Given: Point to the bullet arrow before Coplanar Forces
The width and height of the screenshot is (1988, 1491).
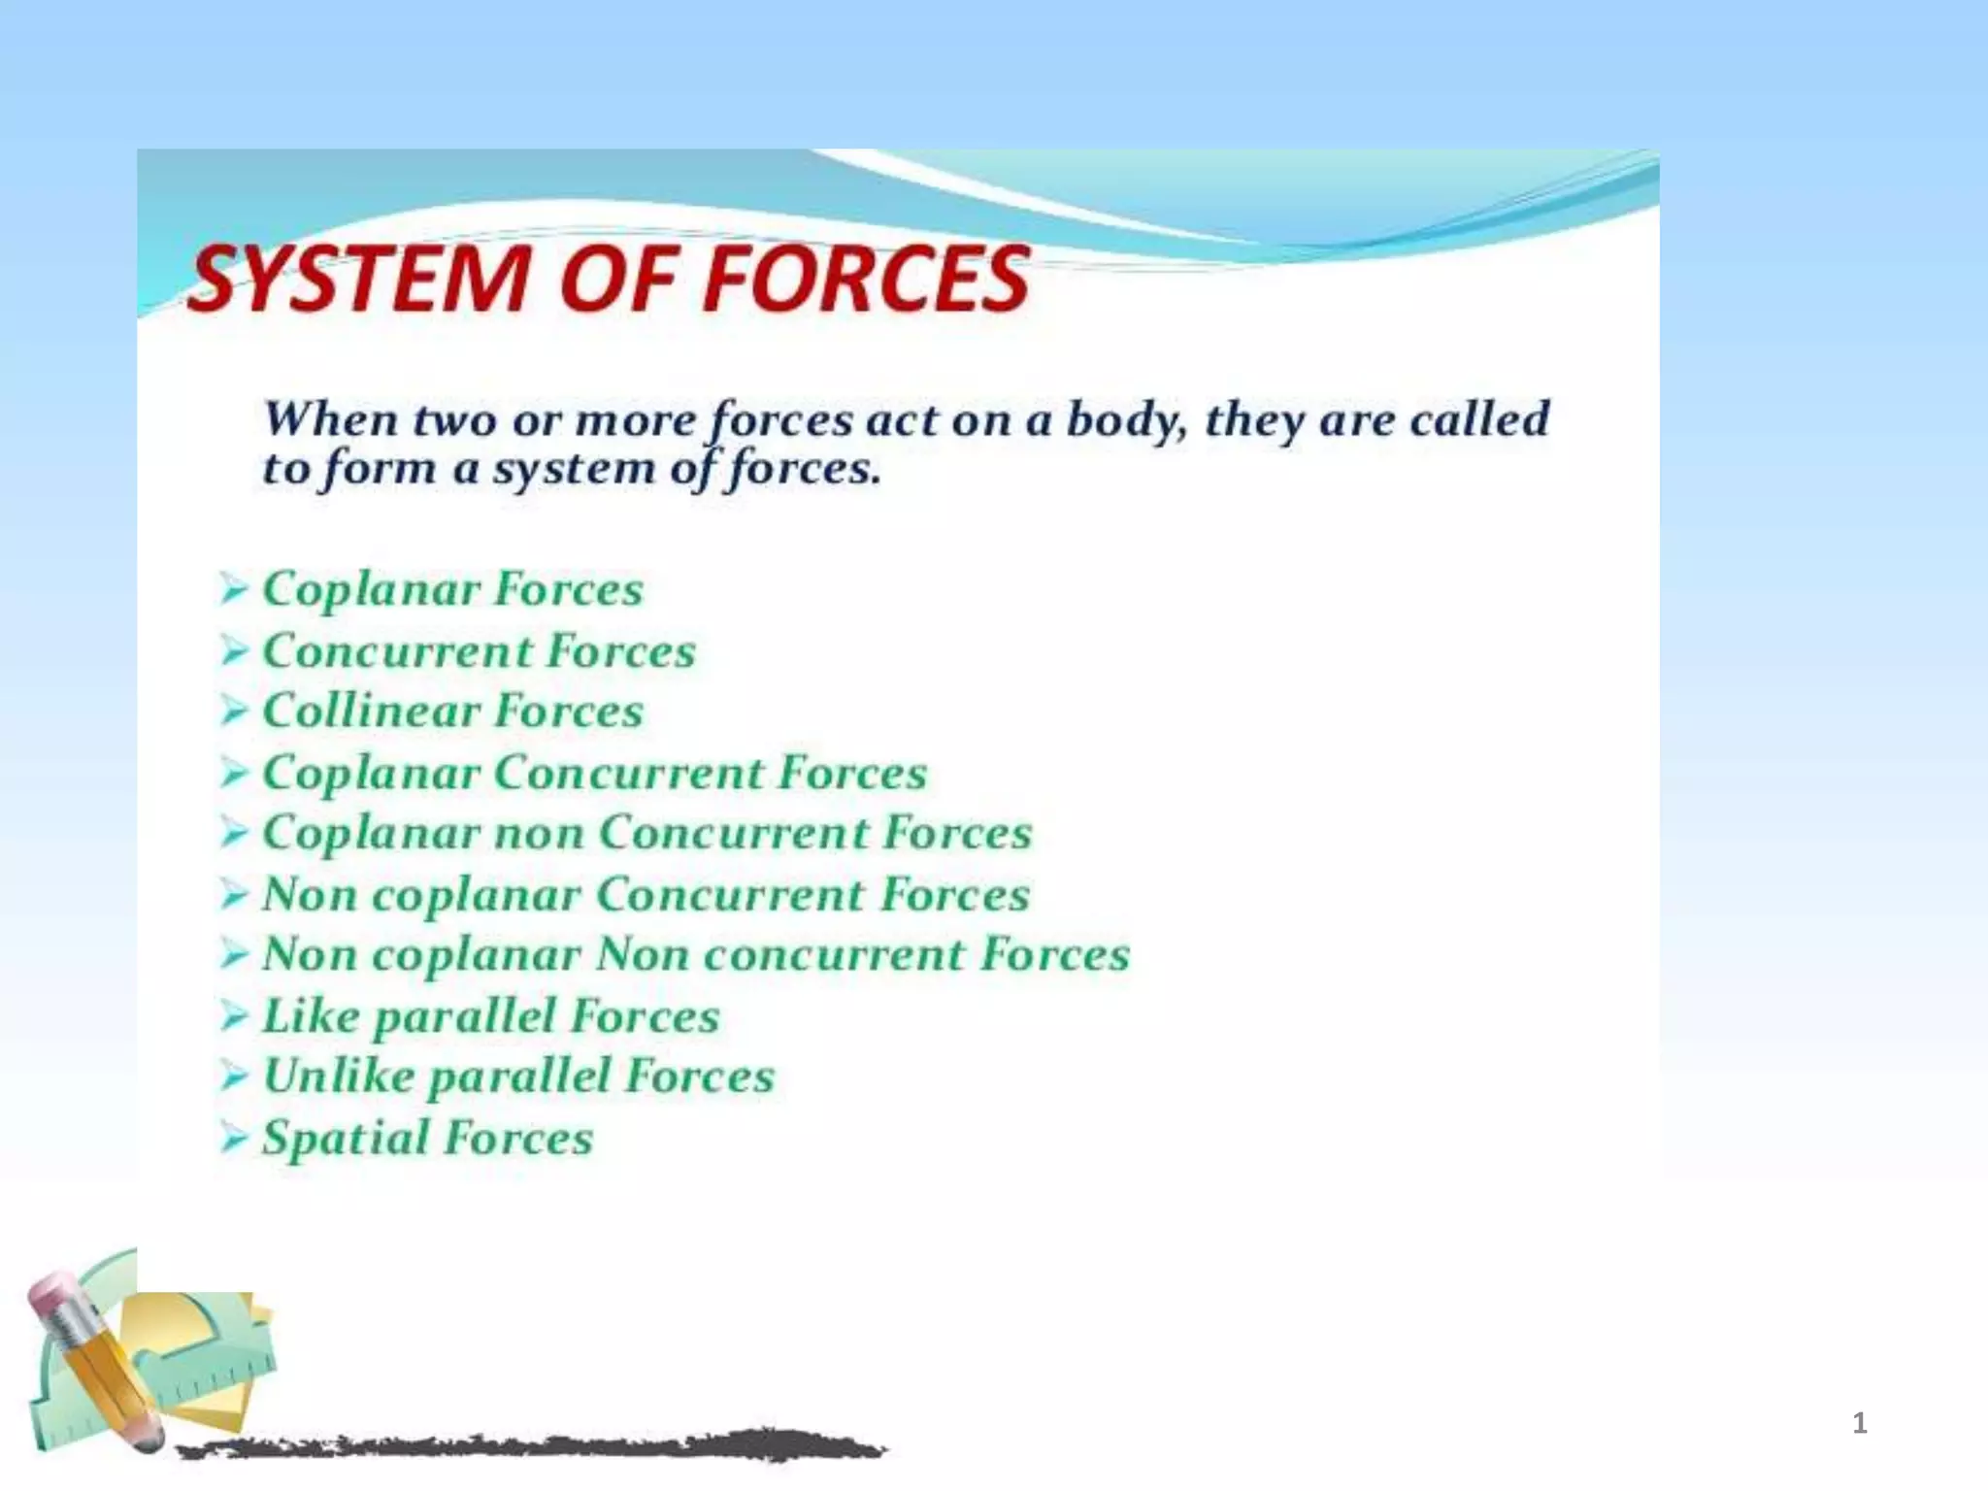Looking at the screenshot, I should (233, 588).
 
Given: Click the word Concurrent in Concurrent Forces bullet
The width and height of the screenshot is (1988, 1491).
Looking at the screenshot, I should (396, 650).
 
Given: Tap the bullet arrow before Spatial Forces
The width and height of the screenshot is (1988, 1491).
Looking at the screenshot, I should (233, 1138).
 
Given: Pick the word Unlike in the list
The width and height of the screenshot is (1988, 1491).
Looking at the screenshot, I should (338, 1076).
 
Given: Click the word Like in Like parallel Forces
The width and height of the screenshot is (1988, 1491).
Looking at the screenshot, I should (311, 1016).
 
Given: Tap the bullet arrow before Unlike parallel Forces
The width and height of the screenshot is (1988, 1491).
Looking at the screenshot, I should (233, 1076).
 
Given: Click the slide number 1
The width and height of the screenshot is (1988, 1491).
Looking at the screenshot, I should (1859, 1423).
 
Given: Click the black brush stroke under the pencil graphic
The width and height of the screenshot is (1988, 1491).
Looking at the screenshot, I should (534, 1447).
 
